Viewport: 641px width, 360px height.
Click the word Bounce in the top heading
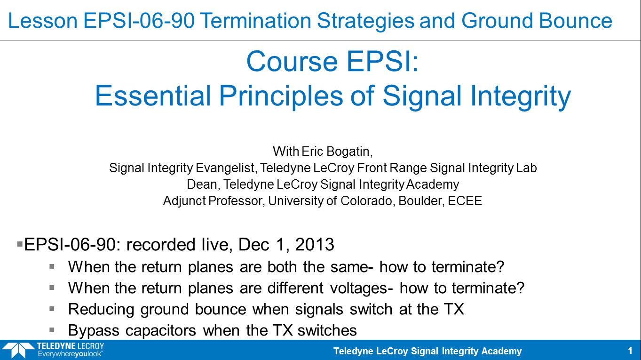576,21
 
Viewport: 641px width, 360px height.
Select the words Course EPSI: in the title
332,62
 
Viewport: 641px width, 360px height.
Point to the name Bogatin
350,151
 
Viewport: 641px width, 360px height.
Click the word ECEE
465,201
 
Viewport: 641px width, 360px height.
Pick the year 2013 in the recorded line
315,245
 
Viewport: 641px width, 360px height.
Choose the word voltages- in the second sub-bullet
362,288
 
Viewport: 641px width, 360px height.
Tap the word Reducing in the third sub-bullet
101,310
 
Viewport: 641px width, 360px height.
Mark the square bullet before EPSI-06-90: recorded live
20,244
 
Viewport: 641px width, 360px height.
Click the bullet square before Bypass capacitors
52,330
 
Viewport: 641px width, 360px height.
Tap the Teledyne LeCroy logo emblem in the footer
18,350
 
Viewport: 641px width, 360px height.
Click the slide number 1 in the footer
630,351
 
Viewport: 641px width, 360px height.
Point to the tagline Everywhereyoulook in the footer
70,354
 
